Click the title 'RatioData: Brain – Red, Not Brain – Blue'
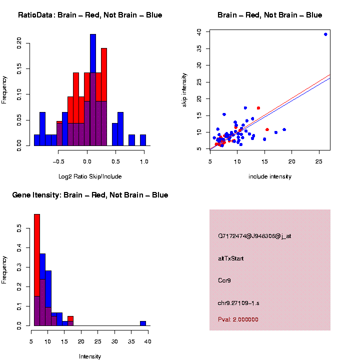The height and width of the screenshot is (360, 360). tap(90, 15)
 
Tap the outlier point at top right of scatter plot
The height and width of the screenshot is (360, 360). tap(325, 34)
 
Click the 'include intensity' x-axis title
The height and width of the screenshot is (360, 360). tap(270, 176)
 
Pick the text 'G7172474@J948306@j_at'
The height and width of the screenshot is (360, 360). tap(254, 236)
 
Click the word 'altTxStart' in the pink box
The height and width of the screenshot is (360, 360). tap(231, 258)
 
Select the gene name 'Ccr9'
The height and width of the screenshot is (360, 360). tap(224, 280)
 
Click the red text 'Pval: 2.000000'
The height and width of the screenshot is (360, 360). tap(238, 319)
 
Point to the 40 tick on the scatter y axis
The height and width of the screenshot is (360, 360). tap(199, 31)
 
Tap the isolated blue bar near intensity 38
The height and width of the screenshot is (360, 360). tap(143, 323)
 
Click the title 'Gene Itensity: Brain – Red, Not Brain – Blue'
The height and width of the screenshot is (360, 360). tap(90, 195)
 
